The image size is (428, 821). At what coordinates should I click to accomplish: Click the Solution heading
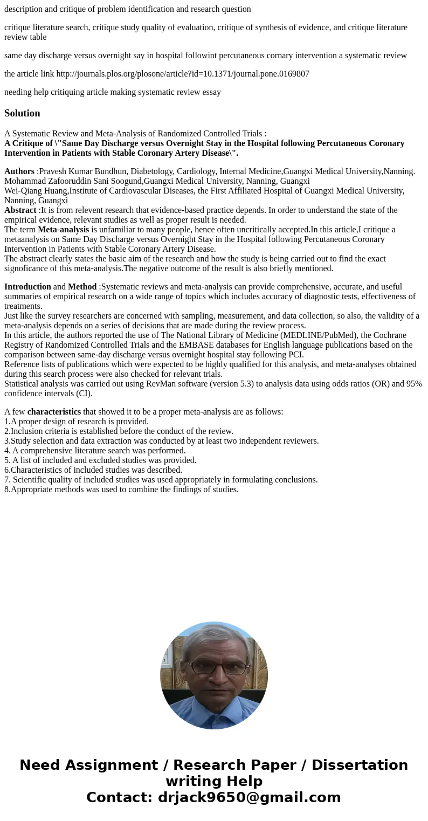point(22,113)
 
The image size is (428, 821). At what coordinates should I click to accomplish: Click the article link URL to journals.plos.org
point(183,74)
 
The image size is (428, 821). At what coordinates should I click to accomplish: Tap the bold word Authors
point(19,171)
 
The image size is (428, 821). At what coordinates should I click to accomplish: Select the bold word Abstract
point(20,210)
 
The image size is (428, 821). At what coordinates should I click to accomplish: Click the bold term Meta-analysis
point(63,230)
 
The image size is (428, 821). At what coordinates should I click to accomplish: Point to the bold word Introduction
point(27,287)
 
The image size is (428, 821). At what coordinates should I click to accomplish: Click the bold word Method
point(82,287)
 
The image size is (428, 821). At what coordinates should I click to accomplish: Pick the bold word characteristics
point(54,412)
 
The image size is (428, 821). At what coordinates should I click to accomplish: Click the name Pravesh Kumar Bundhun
point(84,171)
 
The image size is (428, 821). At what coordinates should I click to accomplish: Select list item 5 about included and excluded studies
point(100,460)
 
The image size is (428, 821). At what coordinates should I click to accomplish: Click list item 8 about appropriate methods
point(121,489)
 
